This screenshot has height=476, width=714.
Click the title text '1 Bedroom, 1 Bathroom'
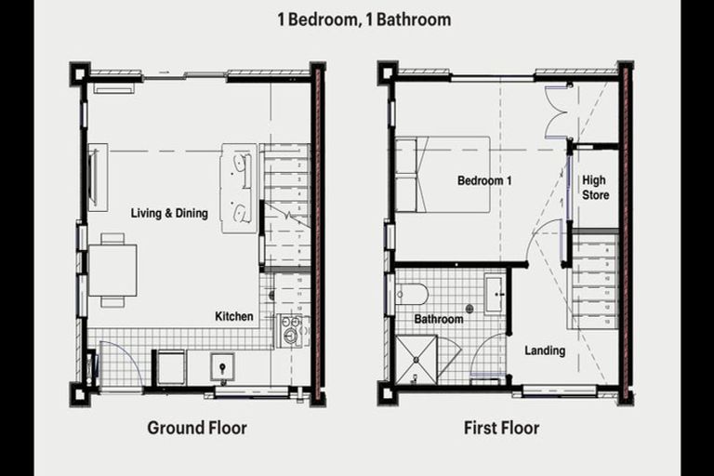click(364, 19)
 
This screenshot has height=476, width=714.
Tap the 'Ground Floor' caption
click(197, 428)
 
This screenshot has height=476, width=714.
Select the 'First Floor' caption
click(502, 428)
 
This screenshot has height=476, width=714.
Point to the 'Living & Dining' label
click(169, 214)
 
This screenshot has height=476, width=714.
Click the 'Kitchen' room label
click(234, 316)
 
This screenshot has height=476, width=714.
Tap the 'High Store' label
click(595, 188)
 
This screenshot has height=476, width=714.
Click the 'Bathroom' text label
click(439, 319)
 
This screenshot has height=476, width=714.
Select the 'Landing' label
click(545, 350)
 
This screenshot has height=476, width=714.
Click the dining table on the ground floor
click(112, 269)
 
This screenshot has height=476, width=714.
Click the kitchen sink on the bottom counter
click(224, 365)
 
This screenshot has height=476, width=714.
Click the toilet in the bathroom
click(410, 295)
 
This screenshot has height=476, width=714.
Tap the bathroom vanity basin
click(494, 297)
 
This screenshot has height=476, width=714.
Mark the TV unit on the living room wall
click(97, 176)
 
